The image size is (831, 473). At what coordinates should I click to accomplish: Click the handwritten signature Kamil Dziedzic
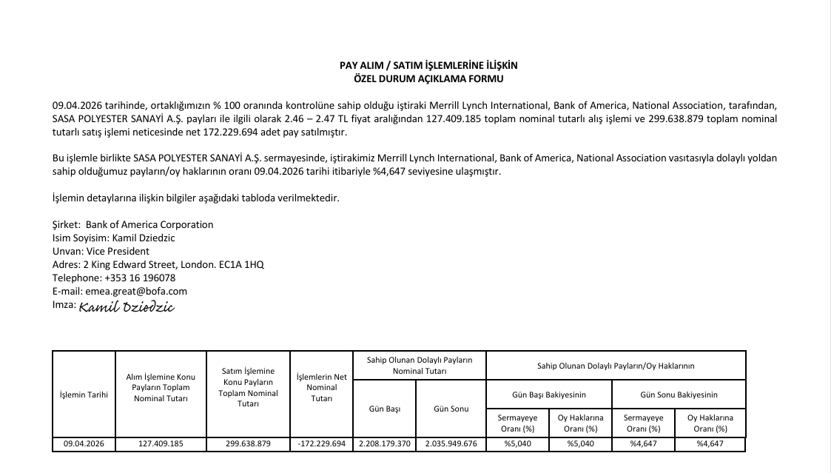[x=126, y=306]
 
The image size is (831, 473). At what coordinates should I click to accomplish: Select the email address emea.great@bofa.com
[x=137, y=291]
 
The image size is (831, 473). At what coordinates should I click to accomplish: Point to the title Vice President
[x=118, y=251]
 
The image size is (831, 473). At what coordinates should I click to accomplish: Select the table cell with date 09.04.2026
[x=84, y=444]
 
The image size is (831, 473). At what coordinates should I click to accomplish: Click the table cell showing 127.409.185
[x=161, y=444]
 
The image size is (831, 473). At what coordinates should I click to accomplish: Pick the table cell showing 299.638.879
[x=248, y=444]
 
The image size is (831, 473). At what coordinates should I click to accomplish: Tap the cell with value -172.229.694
[x=321, y=444]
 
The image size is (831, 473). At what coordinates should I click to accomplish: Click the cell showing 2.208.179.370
[x=384, y=444]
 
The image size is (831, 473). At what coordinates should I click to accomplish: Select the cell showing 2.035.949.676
[x=451, y=444]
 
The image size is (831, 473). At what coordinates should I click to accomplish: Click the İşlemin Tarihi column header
[x=84, y=395]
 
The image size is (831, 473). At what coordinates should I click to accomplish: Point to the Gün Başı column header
[x=384, y=409]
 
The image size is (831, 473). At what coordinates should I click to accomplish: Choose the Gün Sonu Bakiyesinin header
[x=679, y=395]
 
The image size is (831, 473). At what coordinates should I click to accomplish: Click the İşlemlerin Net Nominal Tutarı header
[x=321, y=387]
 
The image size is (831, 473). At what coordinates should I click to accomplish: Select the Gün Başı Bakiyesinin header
[x=548, y=395]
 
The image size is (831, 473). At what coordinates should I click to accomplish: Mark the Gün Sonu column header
[x=451, y=409]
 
